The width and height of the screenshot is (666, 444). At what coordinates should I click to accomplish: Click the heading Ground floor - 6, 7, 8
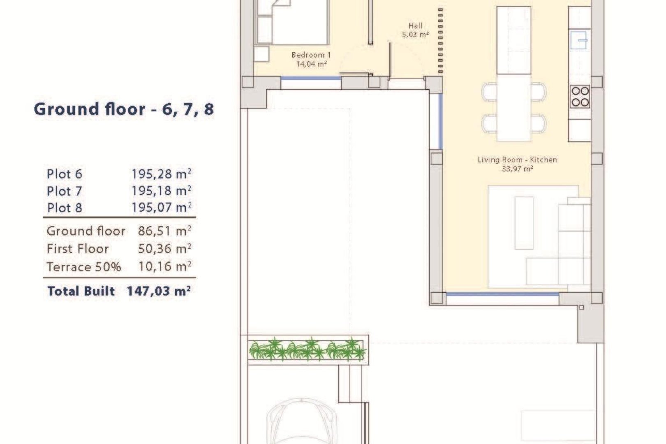pos(124,109)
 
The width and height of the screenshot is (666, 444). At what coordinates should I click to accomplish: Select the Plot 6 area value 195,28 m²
pos(161,174)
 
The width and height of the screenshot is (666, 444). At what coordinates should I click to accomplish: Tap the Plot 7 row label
pos(64,191)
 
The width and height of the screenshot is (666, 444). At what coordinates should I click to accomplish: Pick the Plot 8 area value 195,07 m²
pos(161,208)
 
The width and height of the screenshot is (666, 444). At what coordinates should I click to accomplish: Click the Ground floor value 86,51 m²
pos(164,231)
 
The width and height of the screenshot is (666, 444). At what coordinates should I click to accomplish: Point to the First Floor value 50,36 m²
pos(164,249)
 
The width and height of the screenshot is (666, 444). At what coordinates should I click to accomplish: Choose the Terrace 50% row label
pos(84,267)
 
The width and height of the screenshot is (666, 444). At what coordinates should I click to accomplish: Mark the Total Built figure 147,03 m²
pos(158,291)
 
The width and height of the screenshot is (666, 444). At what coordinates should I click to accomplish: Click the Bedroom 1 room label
pos(311,55)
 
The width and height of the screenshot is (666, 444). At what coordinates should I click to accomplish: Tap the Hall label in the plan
pos(415,26)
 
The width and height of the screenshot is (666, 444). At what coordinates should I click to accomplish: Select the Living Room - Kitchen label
pos(517,160)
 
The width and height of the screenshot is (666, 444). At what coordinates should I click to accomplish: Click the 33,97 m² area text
pos(517,169)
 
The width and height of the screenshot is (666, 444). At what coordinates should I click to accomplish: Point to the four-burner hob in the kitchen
pos(579,97)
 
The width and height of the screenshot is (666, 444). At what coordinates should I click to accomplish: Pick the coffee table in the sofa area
pos(523,223)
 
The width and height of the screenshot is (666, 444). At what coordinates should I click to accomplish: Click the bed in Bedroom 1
pos(292,23)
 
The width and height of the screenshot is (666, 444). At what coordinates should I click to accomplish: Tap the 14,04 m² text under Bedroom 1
pos(311,64)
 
